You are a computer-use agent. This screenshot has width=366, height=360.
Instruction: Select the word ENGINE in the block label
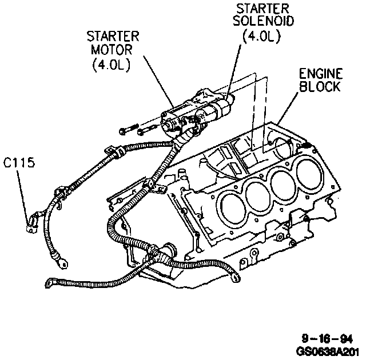(320, 74)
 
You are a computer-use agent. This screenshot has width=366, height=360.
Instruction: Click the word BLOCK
(320, 87)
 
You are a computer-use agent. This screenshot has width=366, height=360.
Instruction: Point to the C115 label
(19, 163)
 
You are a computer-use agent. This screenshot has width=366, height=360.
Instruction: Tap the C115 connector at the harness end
(34, 219)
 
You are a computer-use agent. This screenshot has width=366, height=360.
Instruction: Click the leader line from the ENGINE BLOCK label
(289, 109)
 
